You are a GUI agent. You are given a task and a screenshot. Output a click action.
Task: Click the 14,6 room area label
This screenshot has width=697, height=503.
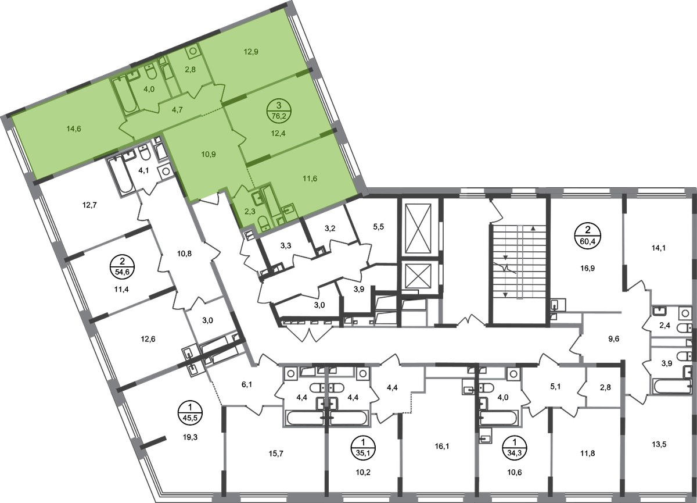tap(74, 129)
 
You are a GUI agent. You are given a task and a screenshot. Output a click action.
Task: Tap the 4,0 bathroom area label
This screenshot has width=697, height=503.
tap(149, 89)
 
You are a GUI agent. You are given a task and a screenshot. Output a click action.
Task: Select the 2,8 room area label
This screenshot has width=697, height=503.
tap(189, 71)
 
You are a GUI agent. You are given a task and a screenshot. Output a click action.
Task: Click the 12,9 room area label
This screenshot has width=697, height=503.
tap(251, 51)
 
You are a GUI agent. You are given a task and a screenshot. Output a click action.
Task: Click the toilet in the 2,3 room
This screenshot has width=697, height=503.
tap(263, 222)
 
